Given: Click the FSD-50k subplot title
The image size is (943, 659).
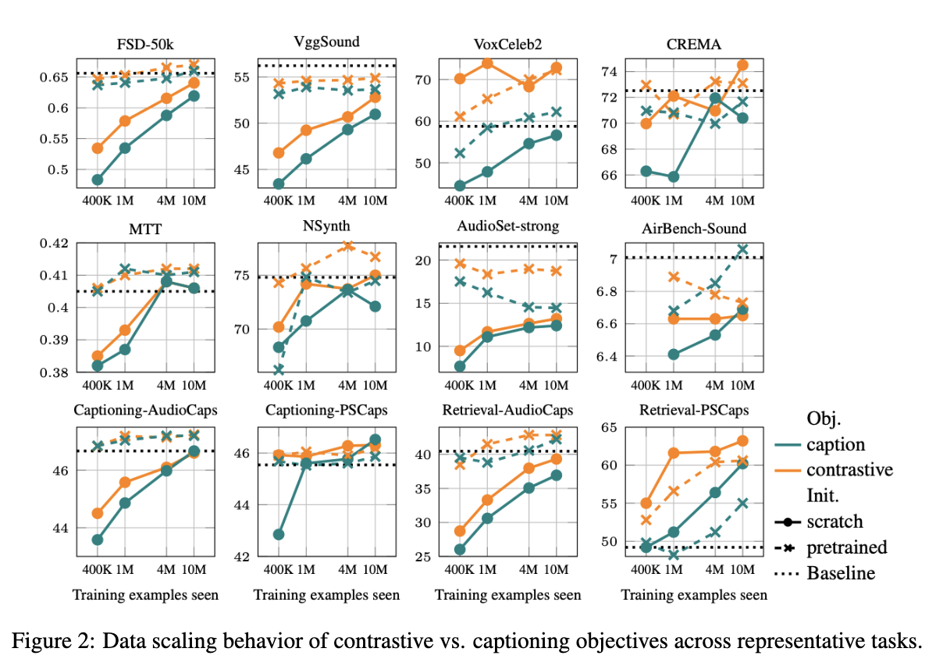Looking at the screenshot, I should pos(145,43).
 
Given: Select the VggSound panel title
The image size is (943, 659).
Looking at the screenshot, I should pos(326,43).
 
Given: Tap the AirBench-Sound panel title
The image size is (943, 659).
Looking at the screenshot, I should pos(694,228).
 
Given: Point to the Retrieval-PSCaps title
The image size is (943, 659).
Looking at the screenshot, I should pos(694,410).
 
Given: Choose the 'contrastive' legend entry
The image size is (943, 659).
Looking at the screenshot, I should pos(849,469).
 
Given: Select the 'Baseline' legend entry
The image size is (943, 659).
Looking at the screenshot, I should pos(841,572).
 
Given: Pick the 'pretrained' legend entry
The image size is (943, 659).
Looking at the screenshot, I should pos(847,547).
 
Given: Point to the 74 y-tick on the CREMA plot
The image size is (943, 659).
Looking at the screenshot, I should pos(610,71).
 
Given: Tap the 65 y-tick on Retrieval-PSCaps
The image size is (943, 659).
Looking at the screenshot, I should pos(610,427).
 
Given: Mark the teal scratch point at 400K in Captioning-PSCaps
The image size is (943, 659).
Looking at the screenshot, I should pos(279,534).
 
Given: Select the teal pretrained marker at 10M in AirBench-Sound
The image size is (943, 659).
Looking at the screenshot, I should pos(742,250).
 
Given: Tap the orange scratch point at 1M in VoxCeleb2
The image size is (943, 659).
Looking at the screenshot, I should pos(488,62).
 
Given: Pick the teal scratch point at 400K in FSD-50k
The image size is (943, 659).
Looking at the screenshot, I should pos(98,180).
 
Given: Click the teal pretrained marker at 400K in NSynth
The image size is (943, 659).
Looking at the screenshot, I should pos(279,369).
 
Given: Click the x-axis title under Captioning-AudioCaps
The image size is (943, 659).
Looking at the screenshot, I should pos(145,595).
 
